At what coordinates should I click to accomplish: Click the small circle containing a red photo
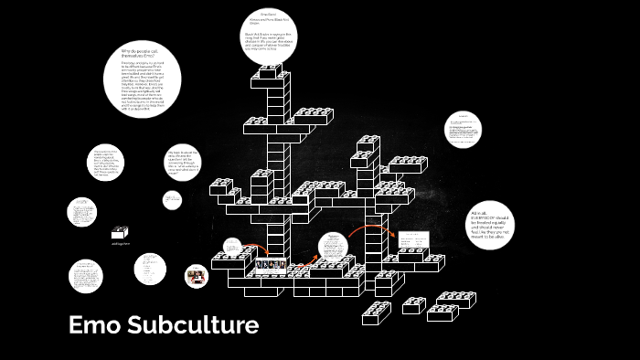195,275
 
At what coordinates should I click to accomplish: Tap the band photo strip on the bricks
272,265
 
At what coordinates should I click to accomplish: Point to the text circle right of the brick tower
462,130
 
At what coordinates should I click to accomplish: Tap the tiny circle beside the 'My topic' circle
172,199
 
